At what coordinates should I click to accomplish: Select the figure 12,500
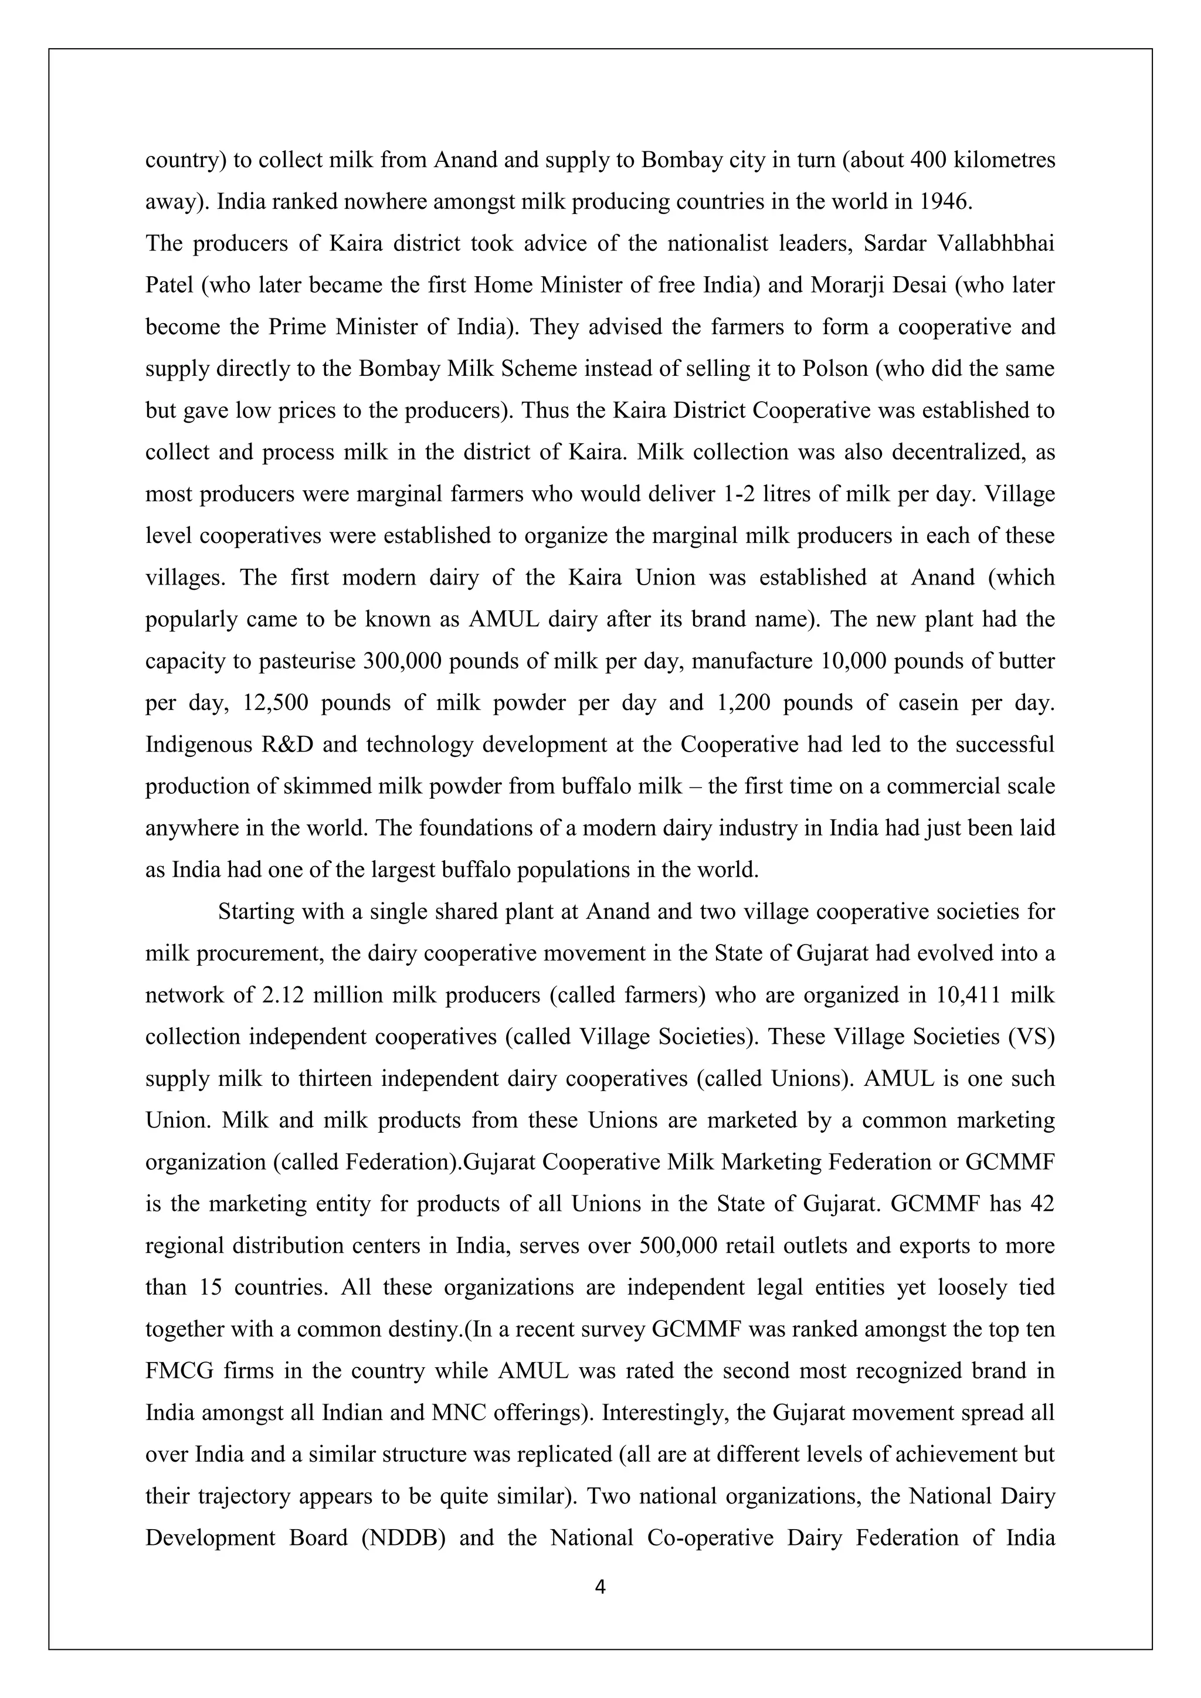pyautogui.click(x=275, y=702)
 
